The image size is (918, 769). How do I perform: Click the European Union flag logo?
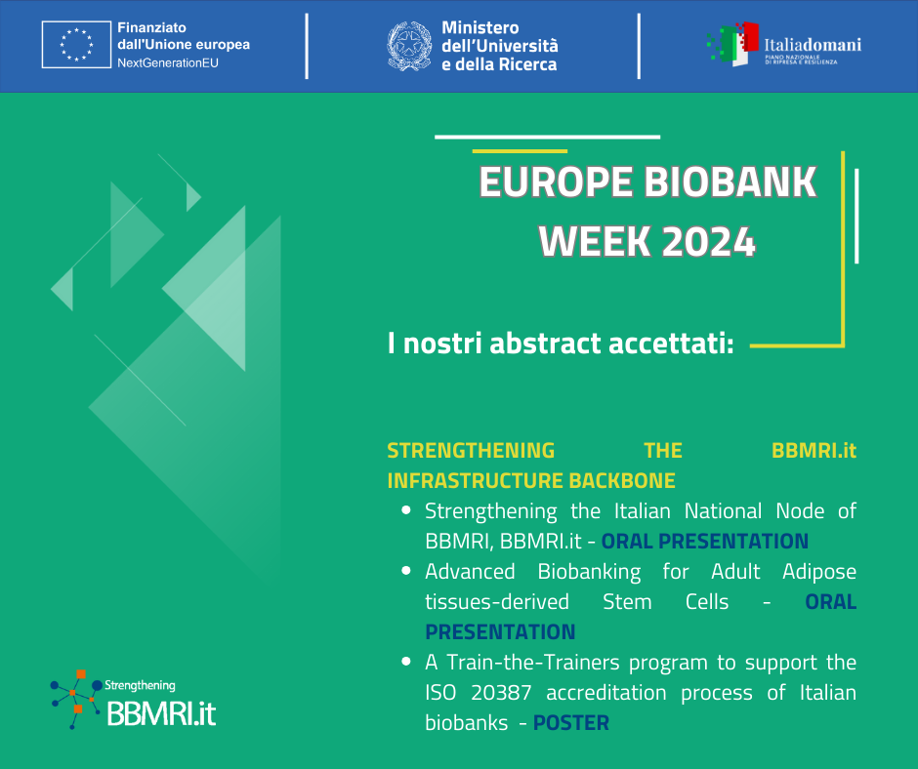click(77, 45)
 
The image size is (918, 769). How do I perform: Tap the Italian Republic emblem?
click(409, 46)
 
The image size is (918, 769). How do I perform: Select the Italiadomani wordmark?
click(813, 45)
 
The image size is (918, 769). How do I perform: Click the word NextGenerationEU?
click(168, 62)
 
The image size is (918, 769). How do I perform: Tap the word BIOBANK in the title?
click(730, 182)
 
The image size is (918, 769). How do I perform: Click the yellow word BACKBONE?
click(622, 480)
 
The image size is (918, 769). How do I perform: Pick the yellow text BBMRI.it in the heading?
click(814, 450)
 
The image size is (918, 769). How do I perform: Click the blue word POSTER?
click(571, 723)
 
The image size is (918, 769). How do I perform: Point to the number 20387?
click(501, 692)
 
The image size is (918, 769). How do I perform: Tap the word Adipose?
click(819, 572)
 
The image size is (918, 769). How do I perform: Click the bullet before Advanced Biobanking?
click(406, 571)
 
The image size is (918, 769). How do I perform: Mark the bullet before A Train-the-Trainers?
click(406, 662)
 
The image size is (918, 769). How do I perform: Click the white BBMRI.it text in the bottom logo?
click(161, 713)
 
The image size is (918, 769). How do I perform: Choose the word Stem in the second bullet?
click(627, 601)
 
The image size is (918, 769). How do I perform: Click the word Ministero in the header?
click(480, 27)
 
